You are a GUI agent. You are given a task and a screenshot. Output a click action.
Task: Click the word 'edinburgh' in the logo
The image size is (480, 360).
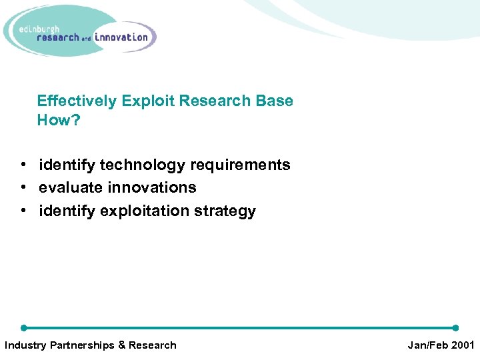point(41,29)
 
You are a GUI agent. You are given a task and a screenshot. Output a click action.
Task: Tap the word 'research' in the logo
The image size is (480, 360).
point(58,38)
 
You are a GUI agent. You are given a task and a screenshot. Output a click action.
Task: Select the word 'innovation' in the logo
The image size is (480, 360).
point(121,37)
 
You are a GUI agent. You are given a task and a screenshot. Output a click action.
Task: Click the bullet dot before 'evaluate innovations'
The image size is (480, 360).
point(23,188)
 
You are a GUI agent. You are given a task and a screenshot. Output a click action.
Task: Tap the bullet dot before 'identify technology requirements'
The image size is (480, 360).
point(23,165)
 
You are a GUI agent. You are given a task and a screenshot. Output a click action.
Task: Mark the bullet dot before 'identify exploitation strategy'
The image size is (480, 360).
point(23,211)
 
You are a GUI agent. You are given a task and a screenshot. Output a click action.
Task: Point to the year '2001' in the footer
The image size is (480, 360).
point(461,345)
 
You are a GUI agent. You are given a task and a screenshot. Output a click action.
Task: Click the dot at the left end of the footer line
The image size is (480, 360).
point(23,328)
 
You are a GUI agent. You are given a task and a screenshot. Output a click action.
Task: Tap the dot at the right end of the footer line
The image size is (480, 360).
point(455,328)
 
